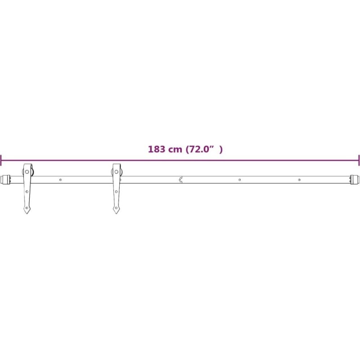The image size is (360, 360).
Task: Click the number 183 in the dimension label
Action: click(157, 149)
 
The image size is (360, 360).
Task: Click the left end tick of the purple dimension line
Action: click(1, 160)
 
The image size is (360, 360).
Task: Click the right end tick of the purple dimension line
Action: click(359, 160)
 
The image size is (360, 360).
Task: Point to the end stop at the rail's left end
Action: click(6, 180)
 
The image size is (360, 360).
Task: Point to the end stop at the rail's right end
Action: click(355, 180)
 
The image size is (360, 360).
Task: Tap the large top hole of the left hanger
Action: click(27, 172)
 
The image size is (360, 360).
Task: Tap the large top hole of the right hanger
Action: click(117, 172)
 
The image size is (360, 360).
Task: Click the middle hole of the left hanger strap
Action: click(27, 192)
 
